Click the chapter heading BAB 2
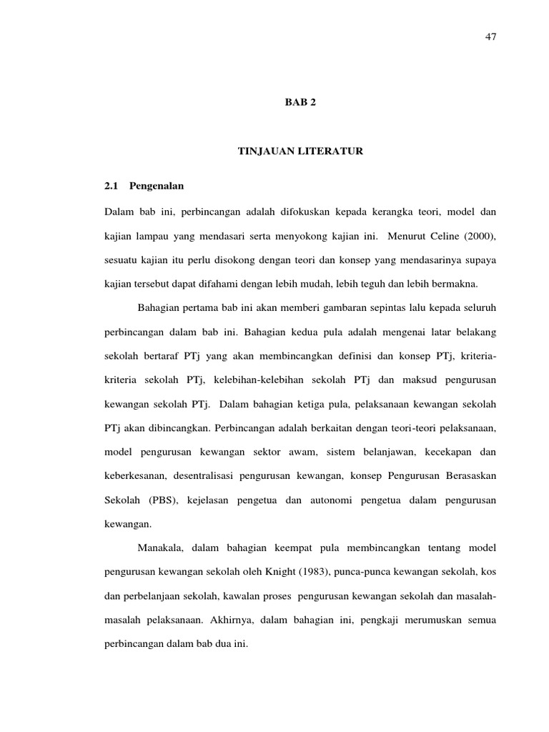tap(300, 102)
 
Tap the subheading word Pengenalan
tap(162, 186)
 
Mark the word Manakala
tap(161, 548)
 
